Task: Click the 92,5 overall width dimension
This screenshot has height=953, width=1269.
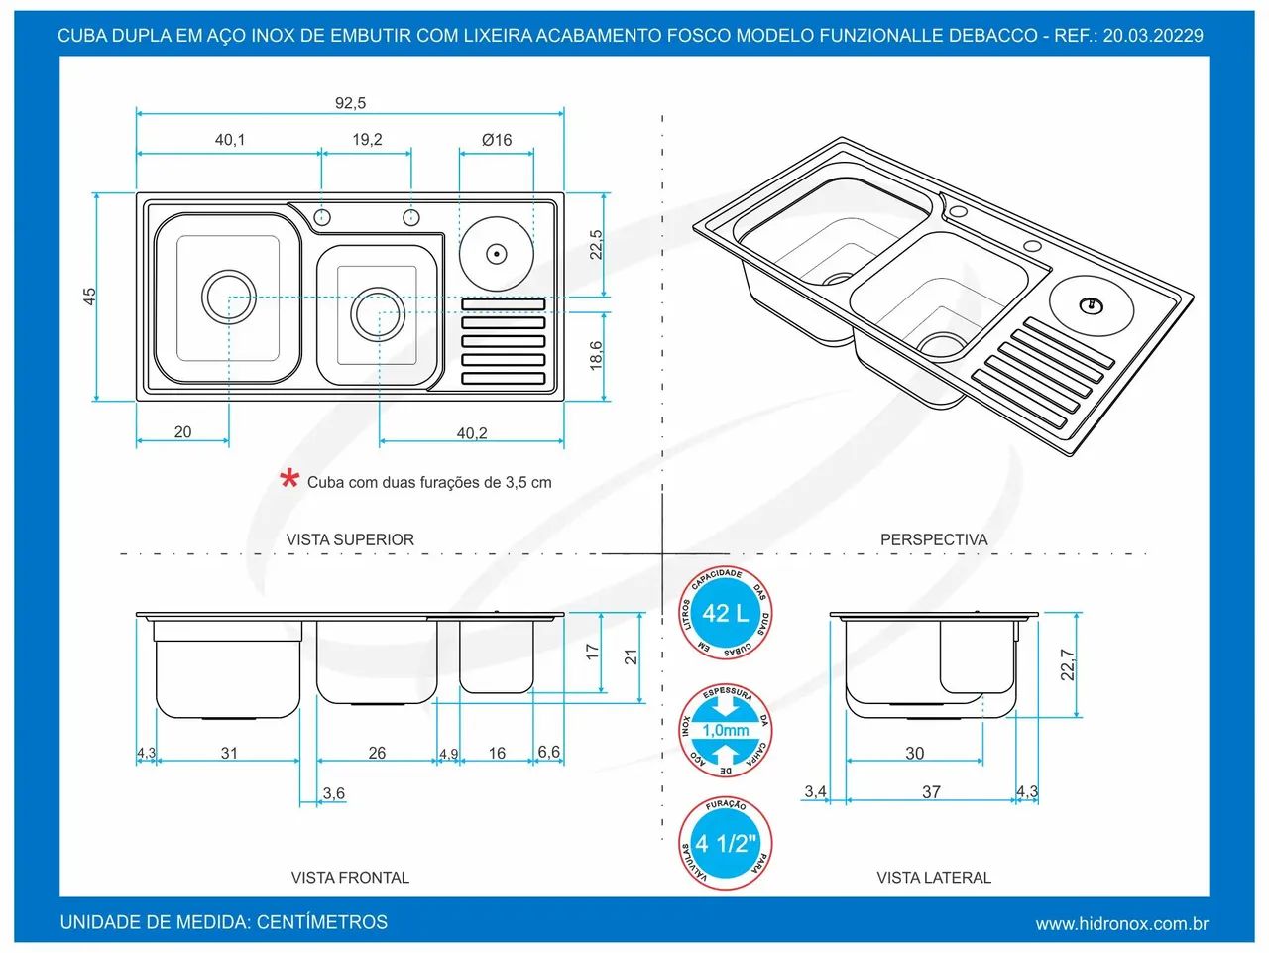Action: [350, 103]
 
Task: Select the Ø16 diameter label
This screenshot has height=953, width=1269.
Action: [497, 140]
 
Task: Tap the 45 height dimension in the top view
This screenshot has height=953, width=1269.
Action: [89, 297]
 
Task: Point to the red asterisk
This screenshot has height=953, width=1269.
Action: [289, 479]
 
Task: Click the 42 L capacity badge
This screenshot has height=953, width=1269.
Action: [725, 613]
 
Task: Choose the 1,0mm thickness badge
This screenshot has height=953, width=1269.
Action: [725, 730]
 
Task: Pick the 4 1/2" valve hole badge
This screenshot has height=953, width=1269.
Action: [725, 844]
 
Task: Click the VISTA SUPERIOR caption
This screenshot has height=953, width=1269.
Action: [350, 539]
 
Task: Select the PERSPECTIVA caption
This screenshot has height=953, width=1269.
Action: [934, 539]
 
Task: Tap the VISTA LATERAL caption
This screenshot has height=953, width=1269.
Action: [934, 878]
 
